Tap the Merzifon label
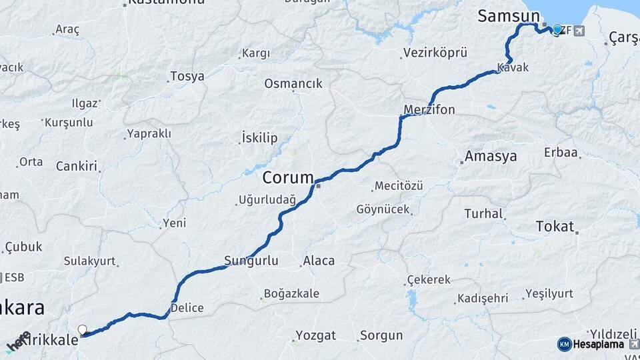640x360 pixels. tap(429, 109)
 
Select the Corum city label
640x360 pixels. tap(287, 178)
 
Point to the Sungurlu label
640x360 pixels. tap(251, 261)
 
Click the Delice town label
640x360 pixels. tap(187, 308)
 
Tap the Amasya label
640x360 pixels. tap(491, 157)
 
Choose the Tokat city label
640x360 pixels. tap(555, 227)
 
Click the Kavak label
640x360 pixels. tap(513, 68)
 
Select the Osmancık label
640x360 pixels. tap(293, 84)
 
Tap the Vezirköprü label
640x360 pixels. tap(435, 53)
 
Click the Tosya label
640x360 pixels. tap(187, 76)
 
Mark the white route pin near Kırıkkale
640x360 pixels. tap(83, 329)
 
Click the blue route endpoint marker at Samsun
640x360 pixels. tap(557, 29)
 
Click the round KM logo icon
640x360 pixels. tap(564, 344)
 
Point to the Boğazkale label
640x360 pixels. tap(291, 293)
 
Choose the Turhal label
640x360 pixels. tap(483, 214)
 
